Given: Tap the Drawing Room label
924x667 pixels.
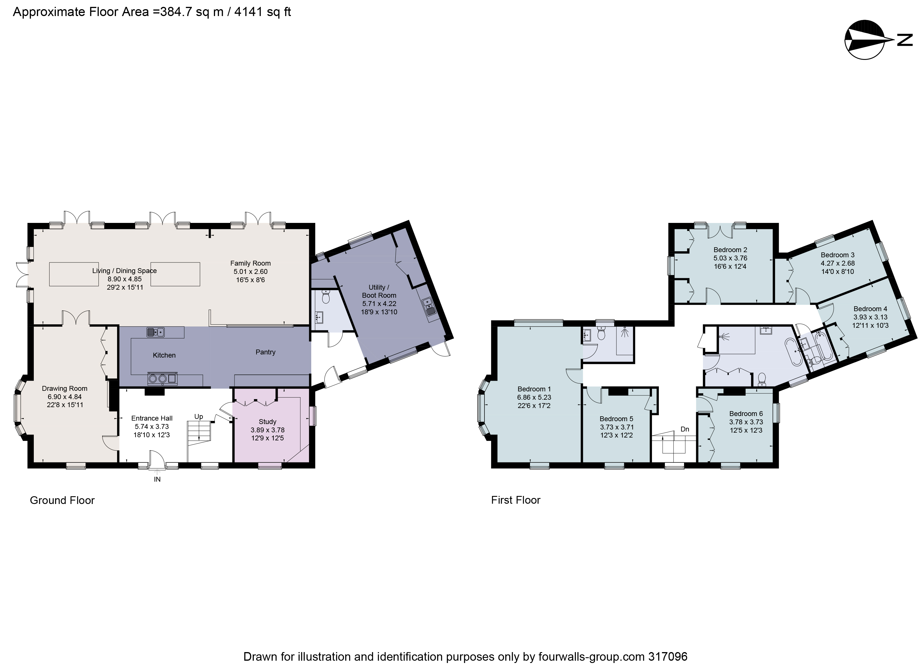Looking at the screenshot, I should pos(64,389).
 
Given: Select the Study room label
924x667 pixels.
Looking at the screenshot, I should pos(267,421).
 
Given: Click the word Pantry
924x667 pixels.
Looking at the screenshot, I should pos(265,352).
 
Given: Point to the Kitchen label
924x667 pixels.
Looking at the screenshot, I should pos(164,355).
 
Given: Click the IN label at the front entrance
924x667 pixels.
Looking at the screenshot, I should pos(157,479).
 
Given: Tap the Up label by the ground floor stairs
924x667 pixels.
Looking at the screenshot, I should pos(198,416).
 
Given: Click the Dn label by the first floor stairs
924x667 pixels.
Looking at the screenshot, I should pos(685,429).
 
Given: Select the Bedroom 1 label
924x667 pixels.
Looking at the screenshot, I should pos(534,389).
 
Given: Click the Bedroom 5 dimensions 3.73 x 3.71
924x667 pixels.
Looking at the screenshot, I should pos(616,427).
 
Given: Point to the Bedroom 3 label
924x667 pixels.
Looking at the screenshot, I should pos(837,255).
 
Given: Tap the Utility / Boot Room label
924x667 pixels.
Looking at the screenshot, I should pos(379,291).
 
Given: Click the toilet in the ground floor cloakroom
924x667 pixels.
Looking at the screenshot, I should pos(325,298).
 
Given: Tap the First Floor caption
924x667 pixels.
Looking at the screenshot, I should pos(515,500).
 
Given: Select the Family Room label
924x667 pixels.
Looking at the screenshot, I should pos(250,263).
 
